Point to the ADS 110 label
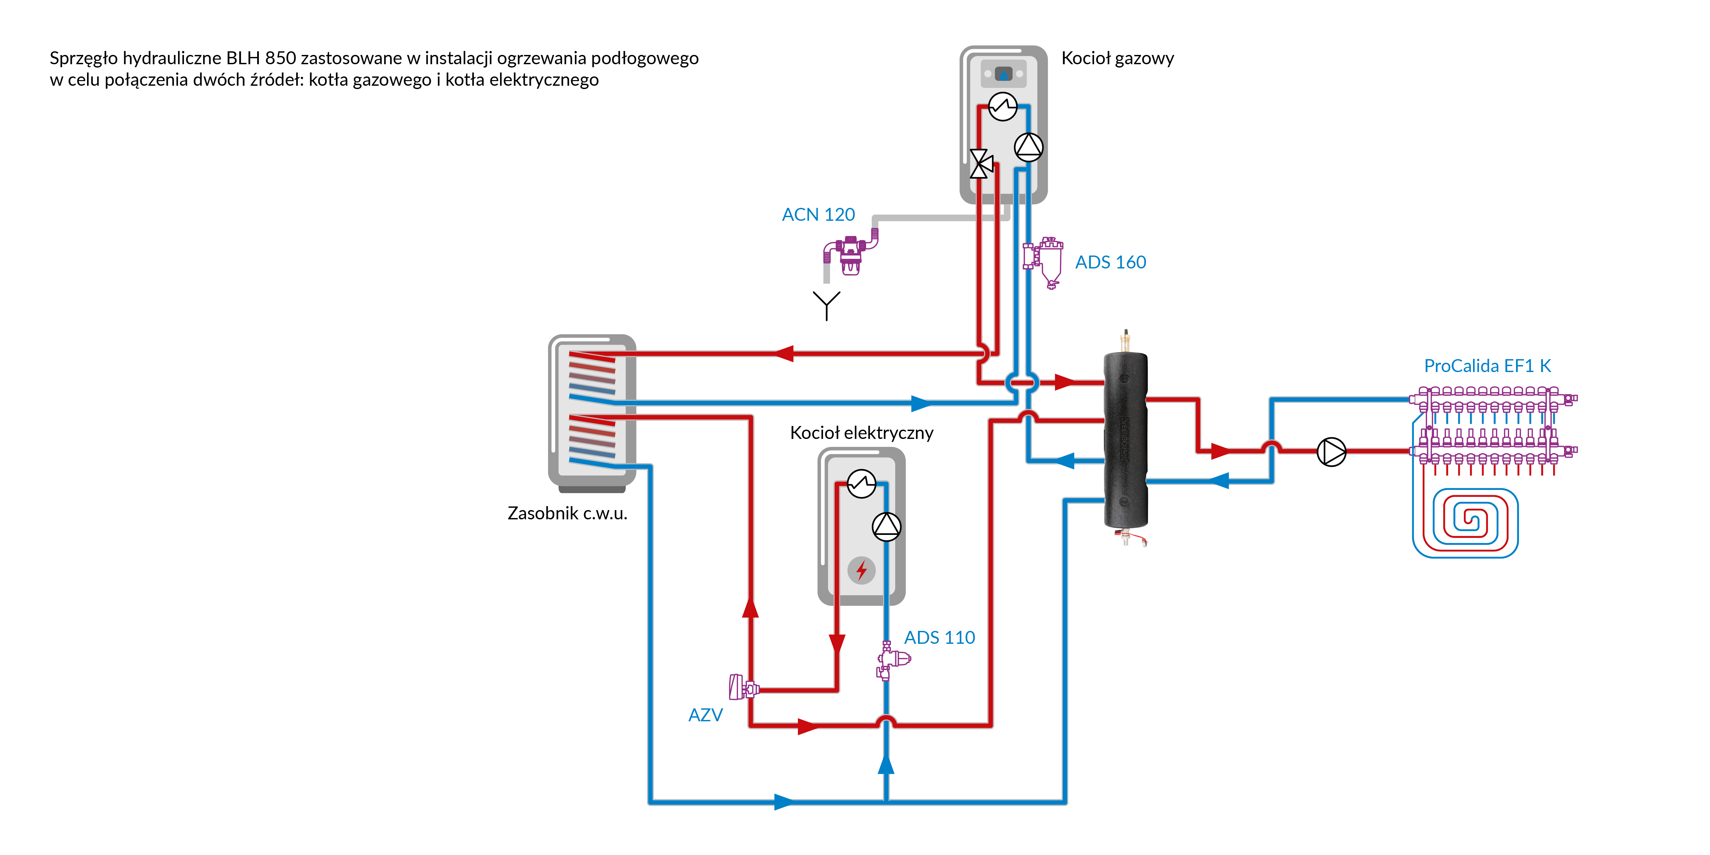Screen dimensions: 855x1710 (939, 637)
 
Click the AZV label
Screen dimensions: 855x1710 (705, 715)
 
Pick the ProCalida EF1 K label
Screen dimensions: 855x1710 (1487, 366)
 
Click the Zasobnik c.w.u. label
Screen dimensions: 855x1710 (567, 513)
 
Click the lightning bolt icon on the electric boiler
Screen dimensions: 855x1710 (861, 570)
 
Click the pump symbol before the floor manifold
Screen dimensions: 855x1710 (1331, 452)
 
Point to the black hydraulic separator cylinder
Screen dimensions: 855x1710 (1125, 442)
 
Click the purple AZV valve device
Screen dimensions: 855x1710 (742, 688)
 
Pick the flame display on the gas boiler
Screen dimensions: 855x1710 (1003, 74)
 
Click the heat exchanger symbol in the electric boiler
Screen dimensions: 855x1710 (861, 483)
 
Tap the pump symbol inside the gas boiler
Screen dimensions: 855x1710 (1028, 147)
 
